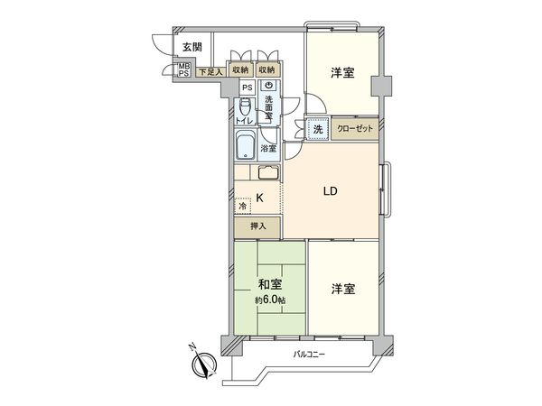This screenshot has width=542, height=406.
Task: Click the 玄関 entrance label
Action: [191, 47]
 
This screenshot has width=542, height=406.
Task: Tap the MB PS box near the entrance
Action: [183, 70]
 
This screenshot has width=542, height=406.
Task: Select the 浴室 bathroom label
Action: [268, 148]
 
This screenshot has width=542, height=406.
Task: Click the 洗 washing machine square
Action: [317, 130]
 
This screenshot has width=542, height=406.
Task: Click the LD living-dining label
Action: [331, 191]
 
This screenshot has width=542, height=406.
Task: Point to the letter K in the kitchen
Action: [260, 198]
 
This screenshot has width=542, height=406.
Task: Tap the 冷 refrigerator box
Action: [243, 206]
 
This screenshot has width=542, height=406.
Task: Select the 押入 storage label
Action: [257, 226]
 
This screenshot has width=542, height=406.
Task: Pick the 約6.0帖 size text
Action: [269, 300]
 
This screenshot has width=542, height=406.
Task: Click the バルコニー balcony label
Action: [309, 354]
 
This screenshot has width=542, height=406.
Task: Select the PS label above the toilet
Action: [246, 87]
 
